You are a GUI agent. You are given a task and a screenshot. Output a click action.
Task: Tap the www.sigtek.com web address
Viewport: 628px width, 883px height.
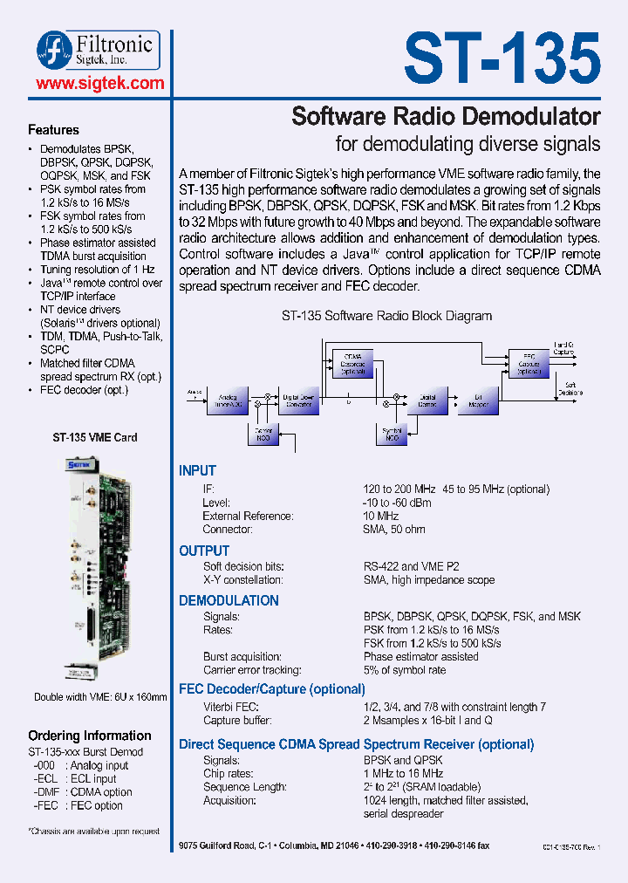pos(100,84)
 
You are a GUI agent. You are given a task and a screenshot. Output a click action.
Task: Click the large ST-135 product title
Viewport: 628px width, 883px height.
pos(502,58)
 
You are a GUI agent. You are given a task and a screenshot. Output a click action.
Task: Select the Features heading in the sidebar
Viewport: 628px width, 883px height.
pos(53,130)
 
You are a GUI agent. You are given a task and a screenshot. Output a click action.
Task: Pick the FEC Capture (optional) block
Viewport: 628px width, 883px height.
pos(529,363)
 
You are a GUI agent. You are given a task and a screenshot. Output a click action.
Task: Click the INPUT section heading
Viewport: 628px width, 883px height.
pos(197,471)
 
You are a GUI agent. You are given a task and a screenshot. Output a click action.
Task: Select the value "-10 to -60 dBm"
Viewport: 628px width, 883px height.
pos(396,503)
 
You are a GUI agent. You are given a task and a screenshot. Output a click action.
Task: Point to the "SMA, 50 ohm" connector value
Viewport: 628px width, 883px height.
pos(394,529)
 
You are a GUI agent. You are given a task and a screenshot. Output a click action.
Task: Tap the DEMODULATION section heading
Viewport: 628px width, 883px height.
pos(229,601)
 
